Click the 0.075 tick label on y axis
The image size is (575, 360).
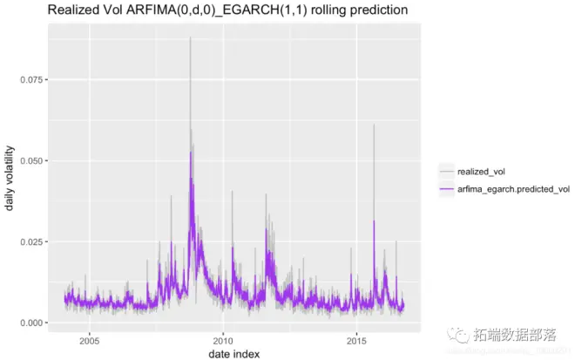(30, 79)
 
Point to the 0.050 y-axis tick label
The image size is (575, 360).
(30, 160)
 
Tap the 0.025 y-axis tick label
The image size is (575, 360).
(30, 241)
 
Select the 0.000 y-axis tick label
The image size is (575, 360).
(30, 323)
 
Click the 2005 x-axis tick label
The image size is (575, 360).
(90, 341)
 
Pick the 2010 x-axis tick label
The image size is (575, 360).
(223, 341)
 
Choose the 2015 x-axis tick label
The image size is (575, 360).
(356, 341)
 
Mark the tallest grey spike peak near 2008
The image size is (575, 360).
(190, 37)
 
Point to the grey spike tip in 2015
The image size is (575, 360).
(374, 125)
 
